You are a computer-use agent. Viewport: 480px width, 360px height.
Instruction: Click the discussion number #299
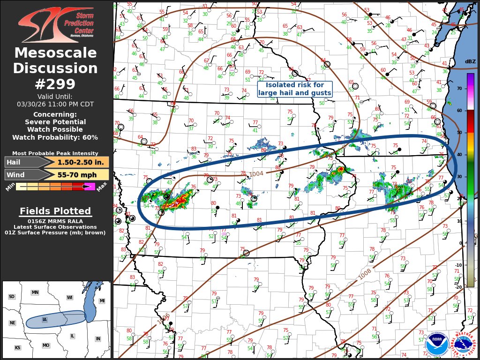pos(55,84)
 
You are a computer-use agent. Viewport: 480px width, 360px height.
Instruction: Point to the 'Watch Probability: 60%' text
pos(55,137)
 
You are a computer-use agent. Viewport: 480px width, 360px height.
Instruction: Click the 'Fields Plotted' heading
pos(55,211)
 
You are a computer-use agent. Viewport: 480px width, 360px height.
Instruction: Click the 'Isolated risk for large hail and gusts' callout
pos(295,89)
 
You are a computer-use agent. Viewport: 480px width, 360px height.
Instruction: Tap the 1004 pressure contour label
pos(256,174)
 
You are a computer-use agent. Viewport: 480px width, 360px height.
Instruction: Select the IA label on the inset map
pos(45,320)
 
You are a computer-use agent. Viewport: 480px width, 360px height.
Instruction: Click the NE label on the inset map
pos(13,323)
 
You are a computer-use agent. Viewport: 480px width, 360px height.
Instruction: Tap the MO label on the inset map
pos(46,345)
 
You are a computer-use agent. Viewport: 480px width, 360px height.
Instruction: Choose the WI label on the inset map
pos(70,298)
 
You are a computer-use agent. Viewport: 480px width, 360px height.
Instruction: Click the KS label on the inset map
pos(17,348)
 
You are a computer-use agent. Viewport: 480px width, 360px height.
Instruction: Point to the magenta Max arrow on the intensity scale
pos(90,187)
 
